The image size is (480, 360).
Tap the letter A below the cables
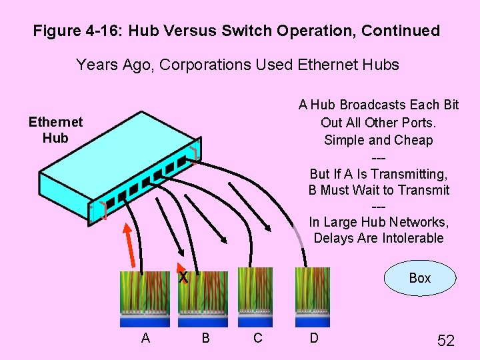click(145, 338)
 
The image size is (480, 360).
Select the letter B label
click(205, 338)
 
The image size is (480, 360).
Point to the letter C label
click(258, 338)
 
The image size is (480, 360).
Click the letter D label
click(313, 338)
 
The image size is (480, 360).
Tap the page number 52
click(445, 341)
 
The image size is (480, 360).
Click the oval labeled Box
click(420, 278)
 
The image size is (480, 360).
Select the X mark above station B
click(183, 277)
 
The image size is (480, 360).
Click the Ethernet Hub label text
click(55, 130)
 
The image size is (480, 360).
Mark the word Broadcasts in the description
click(363, 105)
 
